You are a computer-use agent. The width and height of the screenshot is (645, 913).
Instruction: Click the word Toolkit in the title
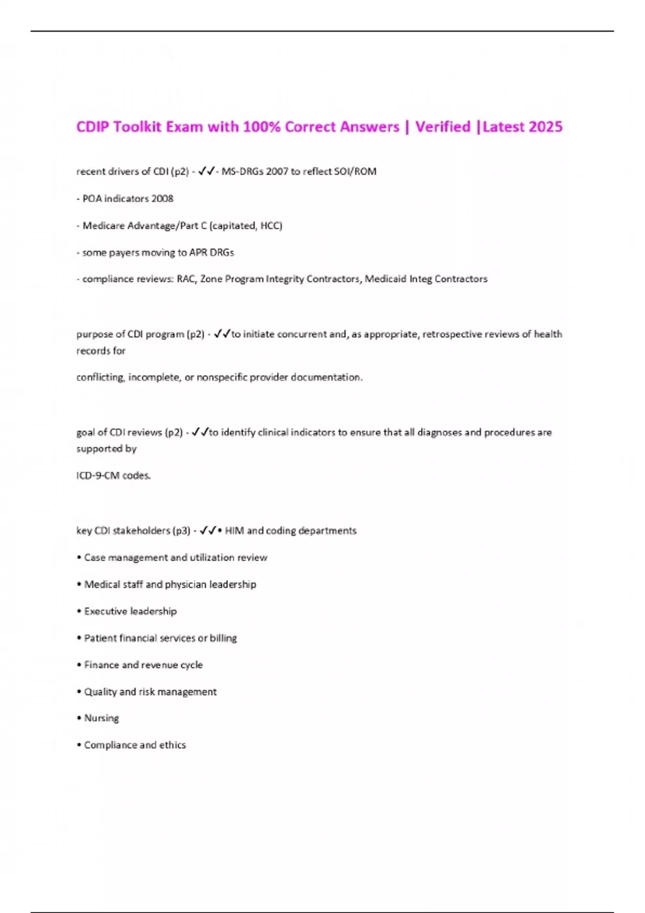point(137,127)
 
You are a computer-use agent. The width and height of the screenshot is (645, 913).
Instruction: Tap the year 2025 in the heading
point(546,127)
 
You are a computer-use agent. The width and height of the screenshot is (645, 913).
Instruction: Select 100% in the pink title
point(262,127)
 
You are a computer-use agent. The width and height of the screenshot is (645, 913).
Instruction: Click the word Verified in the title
point(443,127)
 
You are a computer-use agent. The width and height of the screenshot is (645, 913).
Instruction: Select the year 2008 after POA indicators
point(162,199)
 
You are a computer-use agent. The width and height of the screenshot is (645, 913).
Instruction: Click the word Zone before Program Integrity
point(211,279)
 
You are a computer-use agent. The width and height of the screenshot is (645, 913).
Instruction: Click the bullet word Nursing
point(102,718)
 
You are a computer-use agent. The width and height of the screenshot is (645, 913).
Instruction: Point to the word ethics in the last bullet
point(172,745)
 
